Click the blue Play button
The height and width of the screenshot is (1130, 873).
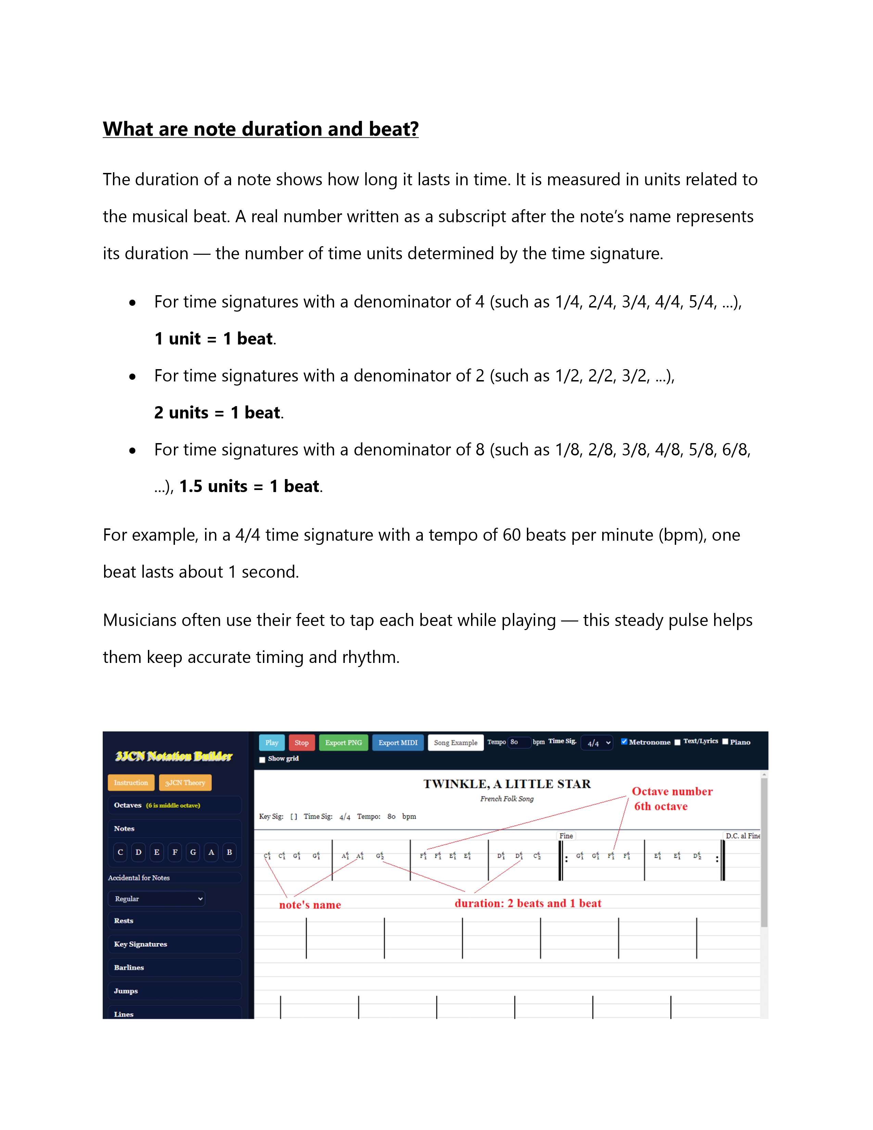tap(271, 742)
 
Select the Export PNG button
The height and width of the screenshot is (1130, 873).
tap(343, 742)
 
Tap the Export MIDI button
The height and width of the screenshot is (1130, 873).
tap(398, 742)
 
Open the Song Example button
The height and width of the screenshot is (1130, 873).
tap(455, 742)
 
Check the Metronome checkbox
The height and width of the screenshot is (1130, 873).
tap(624, 741)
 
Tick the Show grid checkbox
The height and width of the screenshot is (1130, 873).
tap(262, 759)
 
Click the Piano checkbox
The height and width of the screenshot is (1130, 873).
tap(725, 741)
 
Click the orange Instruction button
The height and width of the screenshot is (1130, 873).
tap(131, 783)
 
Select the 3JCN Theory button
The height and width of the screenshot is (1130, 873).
tap(185, 783)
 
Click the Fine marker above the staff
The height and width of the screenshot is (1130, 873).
tap(566, 836)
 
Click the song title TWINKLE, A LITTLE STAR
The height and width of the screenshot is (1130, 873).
tap(507, 784)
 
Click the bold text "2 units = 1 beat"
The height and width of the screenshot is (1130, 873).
tap(218, 412)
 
